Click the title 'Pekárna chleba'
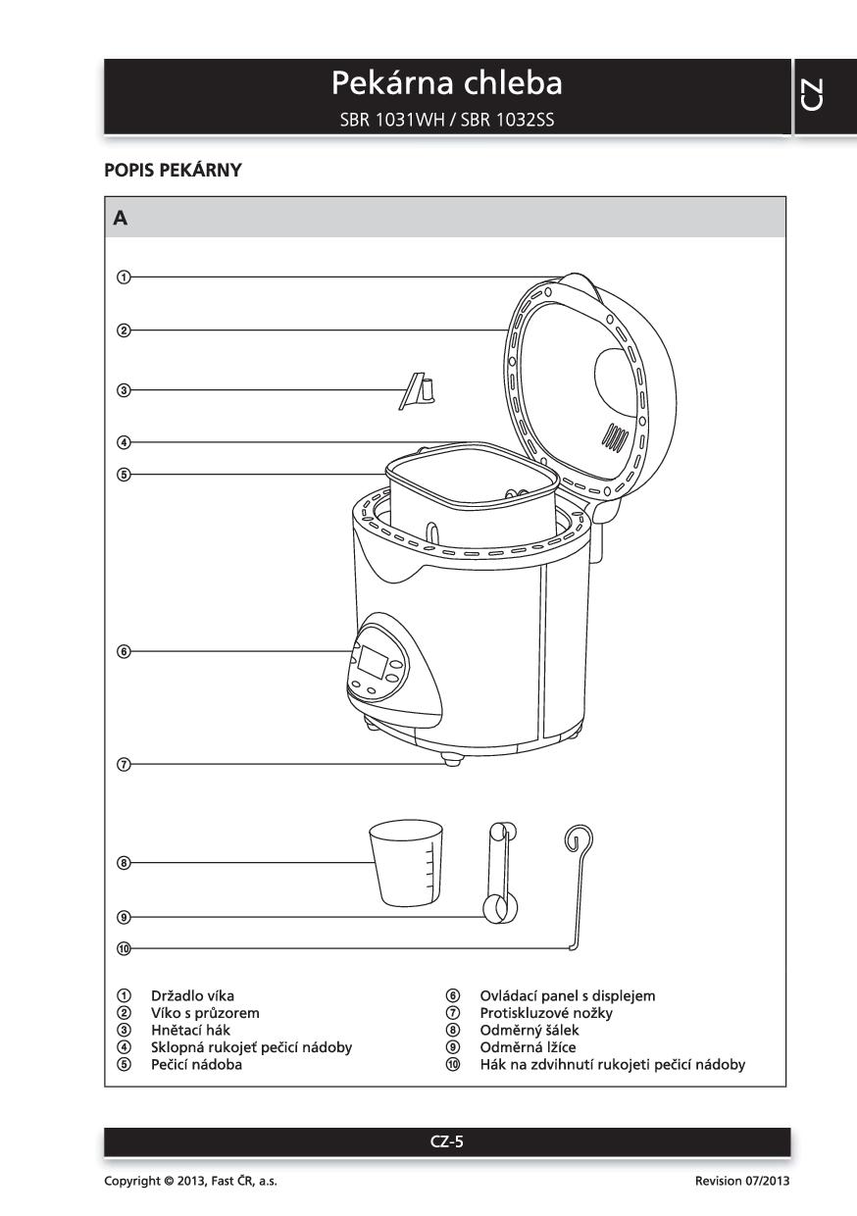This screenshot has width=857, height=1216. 446,83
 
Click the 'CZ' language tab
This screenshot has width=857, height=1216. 826,96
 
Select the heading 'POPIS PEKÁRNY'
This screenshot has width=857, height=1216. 173,170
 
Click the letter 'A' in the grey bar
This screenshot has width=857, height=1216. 121,218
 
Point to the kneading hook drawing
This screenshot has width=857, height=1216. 416,391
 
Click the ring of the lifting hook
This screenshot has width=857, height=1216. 580,838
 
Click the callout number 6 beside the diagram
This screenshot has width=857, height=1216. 124,651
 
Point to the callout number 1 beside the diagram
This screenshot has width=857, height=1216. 124,277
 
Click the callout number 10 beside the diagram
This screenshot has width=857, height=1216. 124,948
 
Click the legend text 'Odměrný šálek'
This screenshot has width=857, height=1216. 529,1030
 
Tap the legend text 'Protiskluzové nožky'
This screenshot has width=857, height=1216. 545,1013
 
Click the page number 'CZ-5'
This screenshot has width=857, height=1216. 446,1140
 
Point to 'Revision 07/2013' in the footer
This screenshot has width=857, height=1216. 741,1181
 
